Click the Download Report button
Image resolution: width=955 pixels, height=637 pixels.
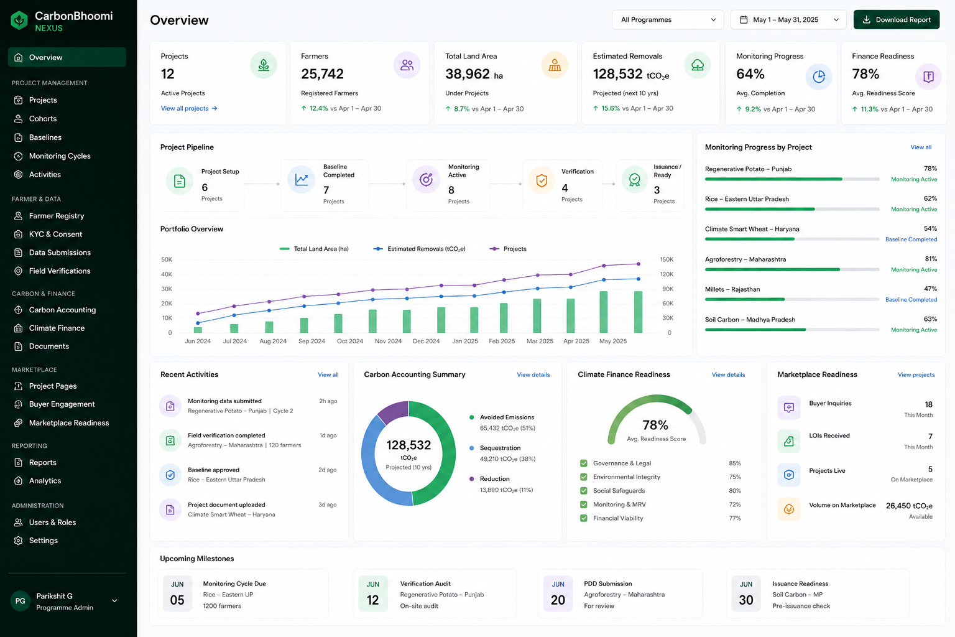[x=896, y=20]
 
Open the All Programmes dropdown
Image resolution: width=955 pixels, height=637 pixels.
[x=668, y=20]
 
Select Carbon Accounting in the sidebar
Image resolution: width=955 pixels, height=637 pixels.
[x=62, y=310]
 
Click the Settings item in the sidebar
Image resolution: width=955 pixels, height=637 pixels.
[x=43, y=540]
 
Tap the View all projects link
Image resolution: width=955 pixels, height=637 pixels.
[x=189, y=108]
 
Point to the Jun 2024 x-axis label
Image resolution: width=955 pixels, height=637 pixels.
[x=198, y=342]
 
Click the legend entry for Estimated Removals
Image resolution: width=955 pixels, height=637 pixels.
[x=420, y=249]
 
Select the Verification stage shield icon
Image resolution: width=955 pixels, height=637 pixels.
[x=542, y=180]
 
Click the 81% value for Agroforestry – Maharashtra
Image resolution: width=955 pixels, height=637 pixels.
[x=931, y=259]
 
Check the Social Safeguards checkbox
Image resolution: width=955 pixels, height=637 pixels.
[x=584, y=491]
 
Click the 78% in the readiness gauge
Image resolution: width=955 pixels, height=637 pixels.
[x=655, y=425]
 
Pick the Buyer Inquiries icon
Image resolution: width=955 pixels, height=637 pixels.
[x=789, y=407]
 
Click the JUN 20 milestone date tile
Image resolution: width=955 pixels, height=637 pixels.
[x=558, y=593]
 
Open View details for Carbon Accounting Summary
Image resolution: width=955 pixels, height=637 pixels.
[x=533, y=374]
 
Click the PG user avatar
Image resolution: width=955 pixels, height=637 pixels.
[x=20, y=601]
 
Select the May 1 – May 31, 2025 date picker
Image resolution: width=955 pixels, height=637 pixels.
[x=788, y=20]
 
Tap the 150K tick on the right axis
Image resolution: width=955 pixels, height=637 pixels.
[x=667, y=259]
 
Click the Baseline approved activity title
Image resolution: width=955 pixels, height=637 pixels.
[x=214, y=470]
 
